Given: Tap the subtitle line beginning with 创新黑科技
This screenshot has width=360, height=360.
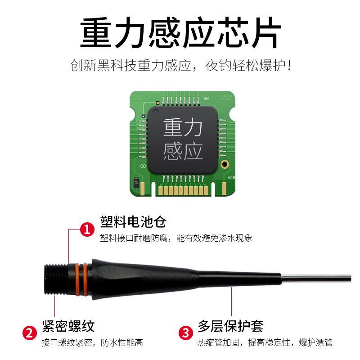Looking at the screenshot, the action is point(181,65).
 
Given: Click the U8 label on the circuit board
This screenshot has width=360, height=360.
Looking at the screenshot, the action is point(206,99).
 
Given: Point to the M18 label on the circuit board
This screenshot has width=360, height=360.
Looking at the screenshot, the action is point(231,177).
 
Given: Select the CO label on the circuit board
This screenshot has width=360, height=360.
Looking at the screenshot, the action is point(143,166).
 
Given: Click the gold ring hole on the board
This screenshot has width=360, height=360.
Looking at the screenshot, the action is point(225,164).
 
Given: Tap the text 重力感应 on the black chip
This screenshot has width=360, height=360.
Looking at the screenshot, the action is point(183,139).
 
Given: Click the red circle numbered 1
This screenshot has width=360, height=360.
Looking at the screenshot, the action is point(87,229).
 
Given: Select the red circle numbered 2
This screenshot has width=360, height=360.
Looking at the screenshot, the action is point(30,333).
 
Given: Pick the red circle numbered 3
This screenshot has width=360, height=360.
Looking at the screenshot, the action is point(186,333).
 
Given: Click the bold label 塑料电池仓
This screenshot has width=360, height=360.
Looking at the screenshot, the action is point(133,222).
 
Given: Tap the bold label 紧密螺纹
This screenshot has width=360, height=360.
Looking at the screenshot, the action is point(68,326).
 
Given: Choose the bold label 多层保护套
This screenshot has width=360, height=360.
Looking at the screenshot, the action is point(230,326).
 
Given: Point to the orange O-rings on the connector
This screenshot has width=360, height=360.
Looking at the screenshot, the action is point(81,279).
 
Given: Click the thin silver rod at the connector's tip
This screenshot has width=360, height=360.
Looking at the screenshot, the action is point(316,278).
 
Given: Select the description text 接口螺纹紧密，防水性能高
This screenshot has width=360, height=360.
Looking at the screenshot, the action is point(92,342).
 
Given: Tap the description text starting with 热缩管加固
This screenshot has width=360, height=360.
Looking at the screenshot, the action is point(265,342).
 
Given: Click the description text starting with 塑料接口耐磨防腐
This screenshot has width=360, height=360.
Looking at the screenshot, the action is point(176,238).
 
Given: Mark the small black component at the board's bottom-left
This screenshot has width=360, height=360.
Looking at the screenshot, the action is point(136,183).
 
